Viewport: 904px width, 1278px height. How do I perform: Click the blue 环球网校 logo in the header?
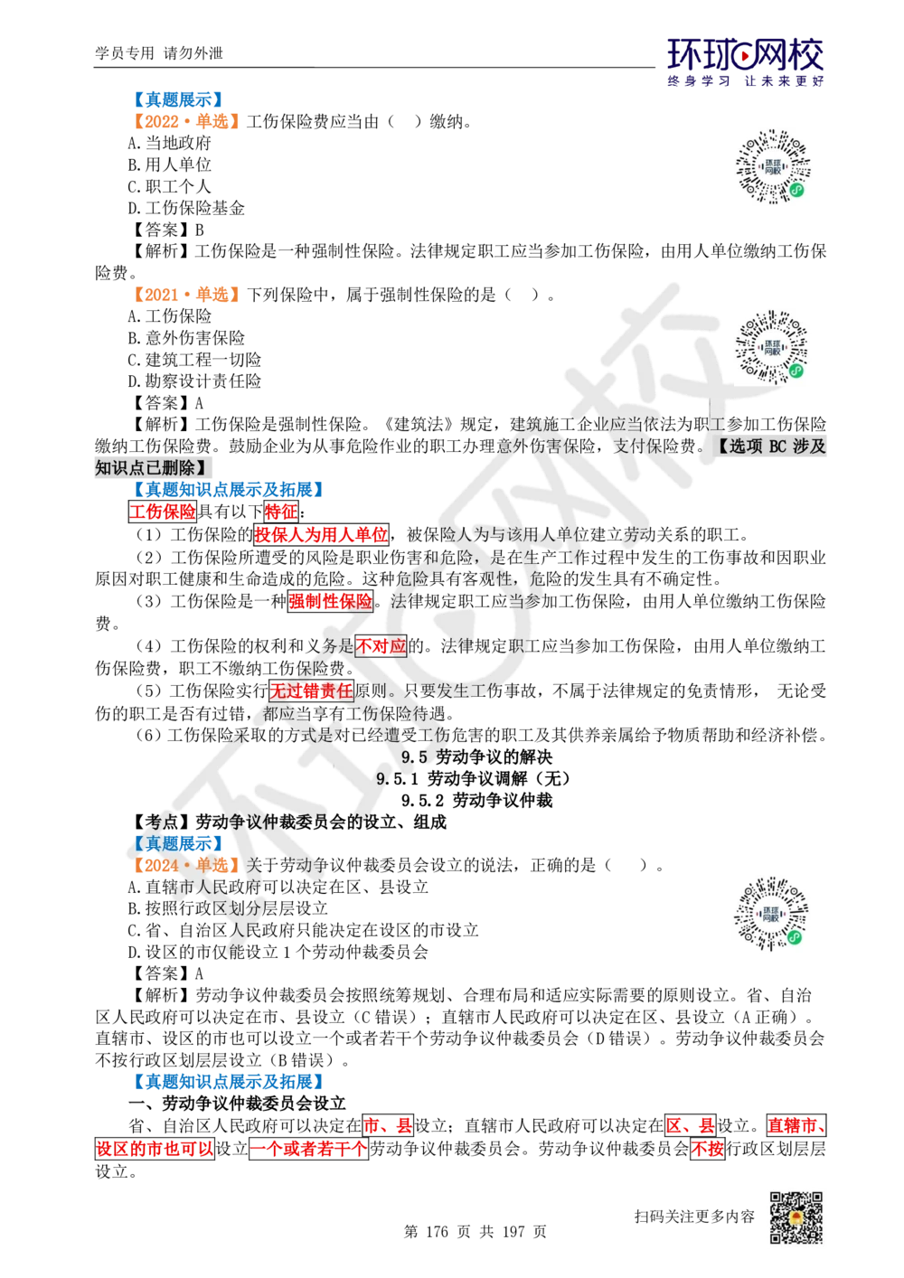745,61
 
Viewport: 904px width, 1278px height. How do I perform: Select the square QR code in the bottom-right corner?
795,1218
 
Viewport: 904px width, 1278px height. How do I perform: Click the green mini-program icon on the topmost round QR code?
797,190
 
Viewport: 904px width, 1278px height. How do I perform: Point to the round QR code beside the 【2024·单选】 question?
773,914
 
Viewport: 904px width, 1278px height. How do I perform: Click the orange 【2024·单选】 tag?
184,865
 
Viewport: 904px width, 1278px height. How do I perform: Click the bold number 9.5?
414,757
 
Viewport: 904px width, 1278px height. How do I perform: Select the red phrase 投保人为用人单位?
321,535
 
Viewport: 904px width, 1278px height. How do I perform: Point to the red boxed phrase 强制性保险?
330,601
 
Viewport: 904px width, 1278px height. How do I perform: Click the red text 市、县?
388,1126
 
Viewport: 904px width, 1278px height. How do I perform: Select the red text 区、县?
690,1126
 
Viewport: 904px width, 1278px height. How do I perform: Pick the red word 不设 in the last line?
707,1150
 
